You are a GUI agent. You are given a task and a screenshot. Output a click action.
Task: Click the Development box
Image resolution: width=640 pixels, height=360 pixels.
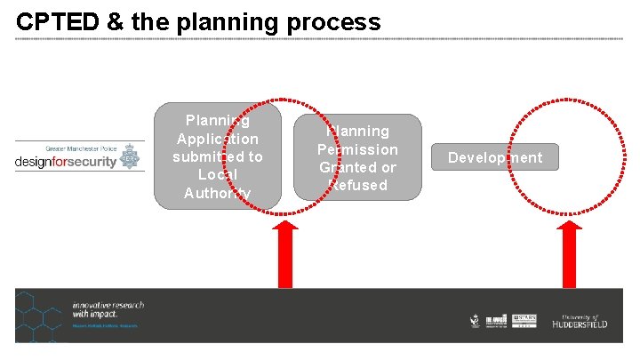click(x=495, y=157)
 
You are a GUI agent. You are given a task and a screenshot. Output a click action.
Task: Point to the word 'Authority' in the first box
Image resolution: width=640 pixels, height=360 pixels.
click(x=218, y=193)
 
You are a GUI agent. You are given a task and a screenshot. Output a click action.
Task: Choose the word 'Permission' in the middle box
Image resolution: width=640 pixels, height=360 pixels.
click(x=357, y=148)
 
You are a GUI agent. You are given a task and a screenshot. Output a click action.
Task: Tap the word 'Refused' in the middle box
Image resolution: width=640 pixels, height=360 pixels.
click(x=356, y=185)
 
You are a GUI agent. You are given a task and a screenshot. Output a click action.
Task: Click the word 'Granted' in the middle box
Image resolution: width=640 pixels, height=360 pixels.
click(x=348, y=167)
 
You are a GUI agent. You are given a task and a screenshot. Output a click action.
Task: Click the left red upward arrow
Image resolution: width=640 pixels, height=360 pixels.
click(x=285, y=254)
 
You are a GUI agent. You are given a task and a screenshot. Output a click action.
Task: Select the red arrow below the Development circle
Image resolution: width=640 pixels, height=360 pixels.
click(x=569, y=254)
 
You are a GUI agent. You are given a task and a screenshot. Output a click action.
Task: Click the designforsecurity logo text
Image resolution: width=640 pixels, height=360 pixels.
click(x=66, y=163)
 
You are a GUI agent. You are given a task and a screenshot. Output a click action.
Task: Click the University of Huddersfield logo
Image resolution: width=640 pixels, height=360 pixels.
click(x=580, y=321)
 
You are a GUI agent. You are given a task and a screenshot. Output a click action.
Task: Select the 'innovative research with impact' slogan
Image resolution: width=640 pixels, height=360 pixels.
click(x=108, y=309)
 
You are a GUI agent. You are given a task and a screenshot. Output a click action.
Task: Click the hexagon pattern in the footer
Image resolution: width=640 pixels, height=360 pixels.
click(x=39, y=316)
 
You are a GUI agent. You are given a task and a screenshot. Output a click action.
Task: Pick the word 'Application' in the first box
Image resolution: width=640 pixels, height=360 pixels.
click(x=218, y=139)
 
